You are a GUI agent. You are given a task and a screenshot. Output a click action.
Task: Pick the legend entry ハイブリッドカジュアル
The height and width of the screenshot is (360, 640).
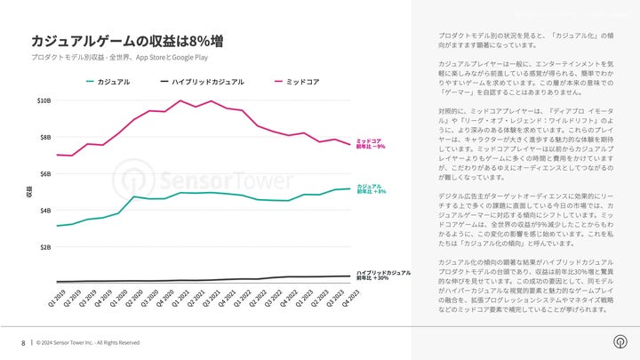pyautogui.click(x=203, y=82)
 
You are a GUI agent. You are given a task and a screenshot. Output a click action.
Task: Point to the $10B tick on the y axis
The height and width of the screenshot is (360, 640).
pyautogui.click(x=44, y=100)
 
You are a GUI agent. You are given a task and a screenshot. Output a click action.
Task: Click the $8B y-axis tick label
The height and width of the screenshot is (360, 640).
pyautogui.click(x=45, y=137)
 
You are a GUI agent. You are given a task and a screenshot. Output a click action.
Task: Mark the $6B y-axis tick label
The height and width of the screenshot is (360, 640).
pyautogui.click(x=45, y=173)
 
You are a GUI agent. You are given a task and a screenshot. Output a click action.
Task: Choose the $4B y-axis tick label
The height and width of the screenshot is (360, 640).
pyautogui.click(x=45, y=210)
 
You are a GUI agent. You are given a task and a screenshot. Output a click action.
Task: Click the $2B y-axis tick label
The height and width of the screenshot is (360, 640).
pyautogui.click(x=45, y=246)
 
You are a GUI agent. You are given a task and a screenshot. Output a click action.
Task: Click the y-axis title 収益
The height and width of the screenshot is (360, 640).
pyautogui.click(x=29, y=191)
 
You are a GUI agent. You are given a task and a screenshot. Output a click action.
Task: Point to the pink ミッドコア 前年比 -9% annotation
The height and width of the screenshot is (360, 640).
pyautogui.click(x=370, y=143)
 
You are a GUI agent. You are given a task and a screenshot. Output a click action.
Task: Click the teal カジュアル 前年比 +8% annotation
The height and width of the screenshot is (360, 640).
pyautogui.click(x=371, y=188)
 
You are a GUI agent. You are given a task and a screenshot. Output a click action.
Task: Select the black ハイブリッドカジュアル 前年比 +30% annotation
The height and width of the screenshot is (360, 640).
pyautogui.click(x=383, y=275)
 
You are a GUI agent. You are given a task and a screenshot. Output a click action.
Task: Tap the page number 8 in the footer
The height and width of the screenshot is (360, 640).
pyautogui.click(x=22, y=342)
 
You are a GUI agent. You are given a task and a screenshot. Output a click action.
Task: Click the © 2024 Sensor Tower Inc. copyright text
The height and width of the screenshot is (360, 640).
pyautogui.click(x=88, y=342)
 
